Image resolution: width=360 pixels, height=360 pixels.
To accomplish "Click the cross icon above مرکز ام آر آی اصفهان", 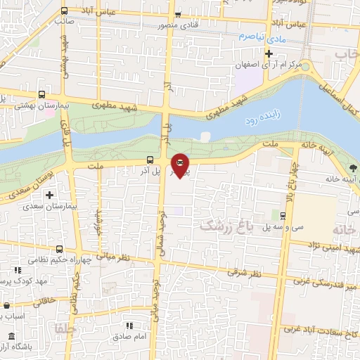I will tap(268, 53).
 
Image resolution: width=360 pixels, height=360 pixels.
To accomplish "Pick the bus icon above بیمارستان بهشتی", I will tap(41, 94).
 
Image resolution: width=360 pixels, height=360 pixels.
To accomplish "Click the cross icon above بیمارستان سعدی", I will tap(49, 194).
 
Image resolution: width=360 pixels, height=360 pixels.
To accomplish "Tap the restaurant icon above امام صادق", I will tap(129, 326).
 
